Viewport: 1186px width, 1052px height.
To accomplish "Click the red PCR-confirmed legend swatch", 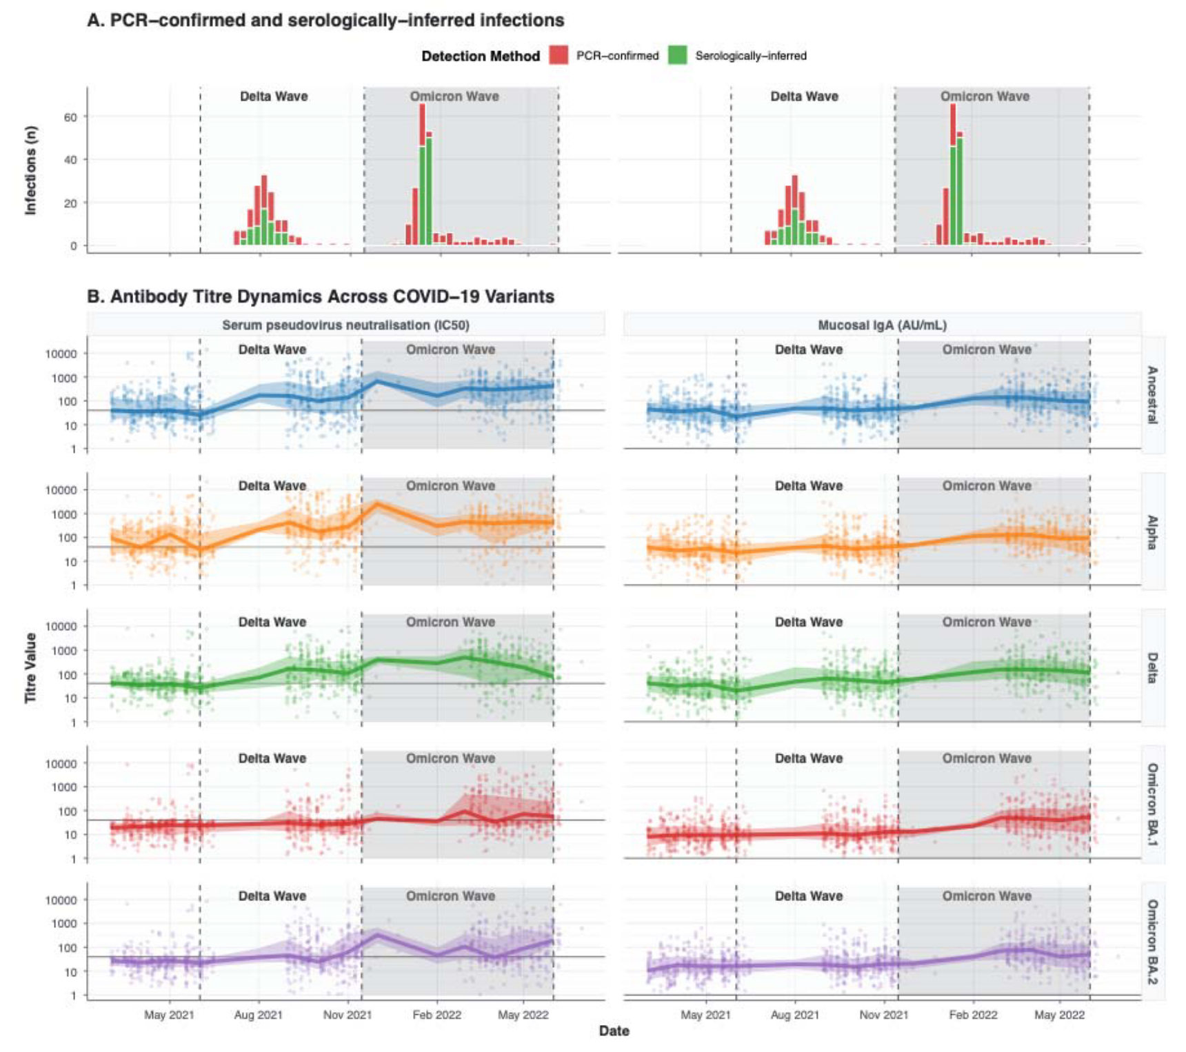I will [559, 56].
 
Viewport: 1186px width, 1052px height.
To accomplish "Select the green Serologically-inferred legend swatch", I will [678, 56].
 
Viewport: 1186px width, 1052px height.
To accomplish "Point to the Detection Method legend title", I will [481, 57].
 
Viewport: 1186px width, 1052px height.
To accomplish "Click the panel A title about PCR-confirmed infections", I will [325, 21].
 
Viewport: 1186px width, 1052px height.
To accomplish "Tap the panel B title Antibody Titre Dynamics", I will [321, 296].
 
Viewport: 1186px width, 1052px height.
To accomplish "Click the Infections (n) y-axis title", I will [31, 170].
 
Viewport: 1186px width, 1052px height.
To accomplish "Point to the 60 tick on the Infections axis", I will [70, 117].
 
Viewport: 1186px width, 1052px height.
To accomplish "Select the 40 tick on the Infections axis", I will [70, 160].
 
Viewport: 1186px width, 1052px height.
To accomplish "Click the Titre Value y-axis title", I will [31, 667].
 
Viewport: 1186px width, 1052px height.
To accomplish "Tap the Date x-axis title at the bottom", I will [614, 1031].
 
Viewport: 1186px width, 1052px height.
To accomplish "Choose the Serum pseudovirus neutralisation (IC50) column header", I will [345, 325].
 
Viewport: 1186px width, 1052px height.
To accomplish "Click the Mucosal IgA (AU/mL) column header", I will [882, 325].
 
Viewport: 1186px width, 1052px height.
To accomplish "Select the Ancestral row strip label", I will [1152, 394].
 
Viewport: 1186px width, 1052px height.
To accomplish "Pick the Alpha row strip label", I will [1152, 532].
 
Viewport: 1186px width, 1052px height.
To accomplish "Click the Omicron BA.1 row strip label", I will [1152, 805].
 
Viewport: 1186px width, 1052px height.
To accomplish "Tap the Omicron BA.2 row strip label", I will [1152, 942].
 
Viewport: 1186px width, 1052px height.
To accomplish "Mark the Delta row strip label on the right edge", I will [1152, 668].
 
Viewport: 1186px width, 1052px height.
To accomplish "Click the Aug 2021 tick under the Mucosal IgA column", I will [794, 1015].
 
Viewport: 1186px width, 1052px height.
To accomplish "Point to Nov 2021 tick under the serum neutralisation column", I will [348, 1015].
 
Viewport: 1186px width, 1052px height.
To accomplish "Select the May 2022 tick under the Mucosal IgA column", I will [1059, 1015].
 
